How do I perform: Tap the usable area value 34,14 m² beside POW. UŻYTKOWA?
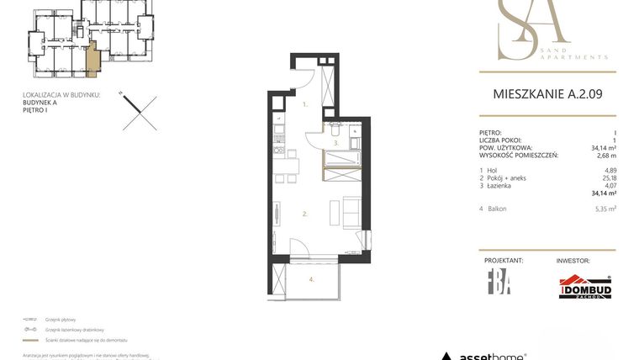tap(604, 148)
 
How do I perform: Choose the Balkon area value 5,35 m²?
tap(605, 209)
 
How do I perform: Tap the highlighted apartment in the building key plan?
tap(92, 58)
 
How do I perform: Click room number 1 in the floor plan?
tap(306, 105)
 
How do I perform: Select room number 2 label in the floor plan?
tap(305, 214)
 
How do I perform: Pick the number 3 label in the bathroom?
tap(335, 144)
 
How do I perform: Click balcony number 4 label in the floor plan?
tap(310, 278)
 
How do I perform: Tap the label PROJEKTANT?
tap(504, 262)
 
